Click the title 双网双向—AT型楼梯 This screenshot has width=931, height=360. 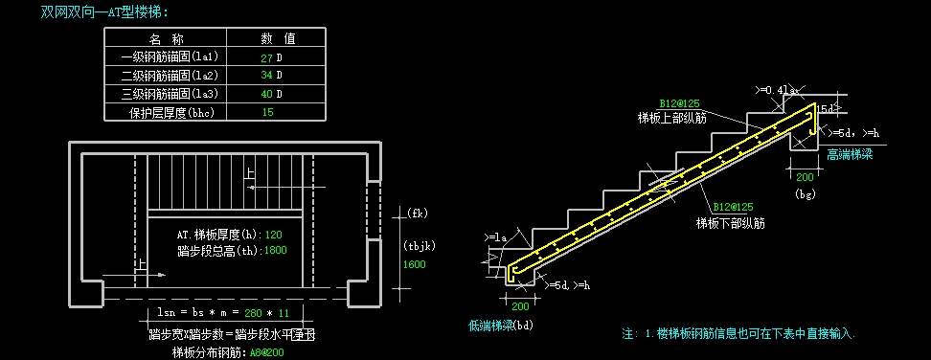(104, 12)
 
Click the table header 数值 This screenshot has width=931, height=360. (278, 39)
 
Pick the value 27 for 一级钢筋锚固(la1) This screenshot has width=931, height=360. (266, 57)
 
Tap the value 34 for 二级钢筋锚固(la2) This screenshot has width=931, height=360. (266, 76)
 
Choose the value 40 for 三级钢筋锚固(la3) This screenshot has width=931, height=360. (266, 94)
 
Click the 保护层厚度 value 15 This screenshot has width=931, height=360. (267, 112)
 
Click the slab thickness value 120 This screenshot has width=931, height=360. (273, 235)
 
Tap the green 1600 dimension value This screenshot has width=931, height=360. (414, 264)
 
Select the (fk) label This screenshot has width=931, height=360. (416, 213)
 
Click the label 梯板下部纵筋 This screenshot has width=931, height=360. (730, 223)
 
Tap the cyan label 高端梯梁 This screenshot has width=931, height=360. (850, 153)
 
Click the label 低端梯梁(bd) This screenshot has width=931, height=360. (500, 326)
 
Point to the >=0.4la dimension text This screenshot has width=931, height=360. (776, 89)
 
